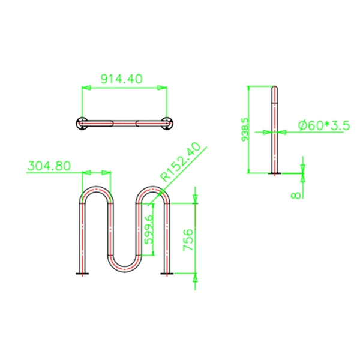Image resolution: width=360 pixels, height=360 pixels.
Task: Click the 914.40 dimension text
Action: [122, 79]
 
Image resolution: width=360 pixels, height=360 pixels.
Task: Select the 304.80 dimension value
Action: [49, 166]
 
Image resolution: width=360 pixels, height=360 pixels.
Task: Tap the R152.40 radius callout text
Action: [181, 162]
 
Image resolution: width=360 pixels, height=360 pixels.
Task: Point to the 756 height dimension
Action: [188, 239]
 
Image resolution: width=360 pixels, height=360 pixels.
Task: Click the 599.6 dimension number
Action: [149, 229]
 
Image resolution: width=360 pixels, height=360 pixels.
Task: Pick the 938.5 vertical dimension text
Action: [245, 130]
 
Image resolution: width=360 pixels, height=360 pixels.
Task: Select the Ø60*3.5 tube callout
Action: [324, 125]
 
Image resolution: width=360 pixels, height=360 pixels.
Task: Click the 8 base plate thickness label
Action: [296, 196]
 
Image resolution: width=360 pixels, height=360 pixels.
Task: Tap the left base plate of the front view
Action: [82, 274]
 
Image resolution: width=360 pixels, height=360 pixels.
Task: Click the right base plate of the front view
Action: [167, 274]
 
